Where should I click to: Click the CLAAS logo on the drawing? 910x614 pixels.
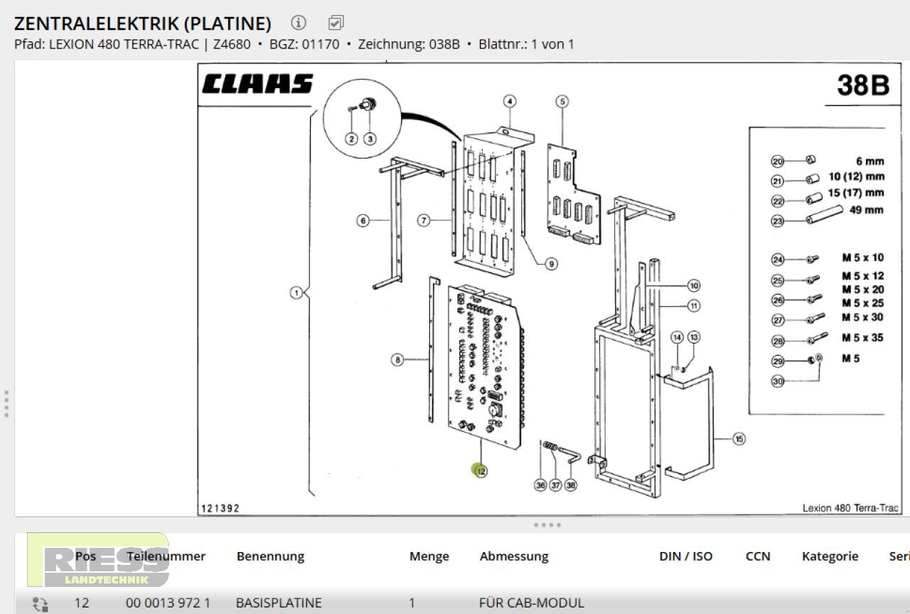[x=257, y=84]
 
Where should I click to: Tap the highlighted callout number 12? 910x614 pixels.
[x=481, y=470]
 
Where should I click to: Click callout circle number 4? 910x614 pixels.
[x=510, y=101]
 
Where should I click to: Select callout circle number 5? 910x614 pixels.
[x=562, y=102]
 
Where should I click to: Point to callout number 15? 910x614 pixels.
[x=739, y=439]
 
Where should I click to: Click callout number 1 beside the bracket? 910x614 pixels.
[x=296, y=292]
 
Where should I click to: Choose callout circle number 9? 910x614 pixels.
[x=551, y=263]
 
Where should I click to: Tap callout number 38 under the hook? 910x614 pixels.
[x=570, y=485]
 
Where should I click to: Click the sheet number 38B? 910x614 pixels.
[x=862, y=85]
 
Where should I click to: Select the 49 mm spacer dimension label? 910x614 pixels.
[x=866, y=210]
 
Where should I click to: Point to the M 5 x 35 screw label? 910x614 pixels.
[x=862, y=337]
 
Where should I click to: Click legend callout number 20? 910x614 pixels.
[x=777, y=162]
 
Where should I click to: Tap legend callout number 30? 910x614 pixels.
[x=777, y=381]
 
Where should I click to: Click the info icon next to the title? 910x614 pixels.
[x=299, y=23]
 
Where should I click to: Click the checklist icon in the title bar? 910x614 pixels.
[x=336, y=23]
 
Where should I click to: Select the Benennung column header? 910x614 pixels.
[x=270, y=556]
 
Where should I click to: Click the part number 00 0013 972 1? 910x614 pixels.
[x=168, y=603]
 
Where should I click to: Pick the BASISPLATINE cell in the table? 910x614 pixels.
[x=279, y=603]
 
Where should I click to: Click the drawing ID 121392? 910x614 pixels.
[x=220, y=508]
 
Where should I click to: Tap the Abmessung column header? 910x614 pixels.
[x=514, y=556]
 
